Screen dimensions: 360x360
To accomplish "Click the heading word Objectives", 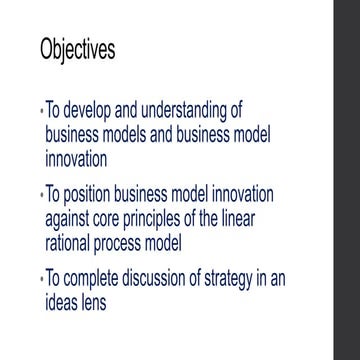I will click(77, 50).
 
